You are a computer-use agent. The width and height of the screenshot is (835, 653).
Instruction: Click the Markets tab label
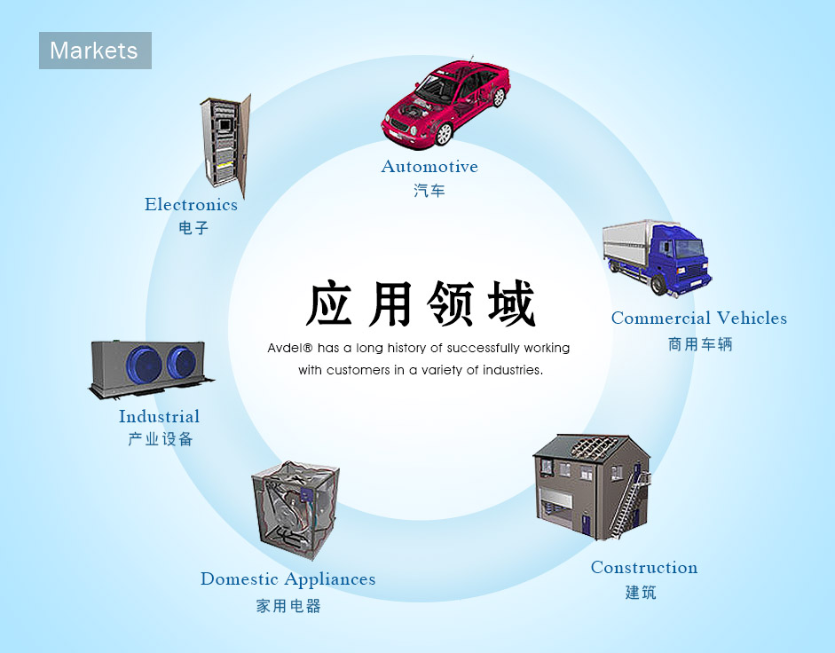(95, 51)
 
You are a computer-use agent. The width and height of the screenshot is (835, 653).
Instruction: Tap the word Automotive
(429, 167)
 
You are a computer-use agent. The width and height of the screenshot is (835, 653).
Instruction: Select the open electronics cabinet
(225, 144)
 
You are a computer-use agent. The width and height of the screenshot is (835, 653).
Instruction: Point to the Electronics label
(191, 205)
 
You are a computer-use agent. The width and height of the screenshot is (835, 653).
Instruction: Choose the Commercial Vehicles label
(699, 318)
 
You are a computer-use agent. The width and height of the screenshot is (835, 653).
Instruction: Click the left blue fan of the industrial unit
(144, 366)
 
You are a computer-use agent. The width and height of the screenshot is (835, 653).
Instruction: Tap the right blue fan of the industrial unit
(182, 363)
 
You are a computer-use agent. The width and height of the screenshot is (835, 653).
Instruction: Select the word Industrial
(159, 416)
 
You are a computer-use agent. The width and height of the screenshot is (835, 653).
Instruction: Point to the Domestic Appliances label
(288, 579)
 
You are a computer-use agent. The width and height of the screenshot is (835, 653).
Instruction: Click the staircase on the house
(628, 502)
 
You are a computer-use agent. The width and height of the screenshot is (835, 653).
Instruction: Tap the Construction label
(644, 568)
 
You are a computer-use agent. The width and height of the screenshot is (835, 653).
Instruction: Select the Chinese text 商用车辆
(700, 344)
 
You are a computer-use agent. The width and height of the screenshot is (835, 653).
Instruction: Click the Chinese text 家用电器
(288, 606)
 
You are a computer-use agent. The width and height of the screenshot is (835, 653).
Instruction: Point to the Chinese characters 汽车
(429, 191)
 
